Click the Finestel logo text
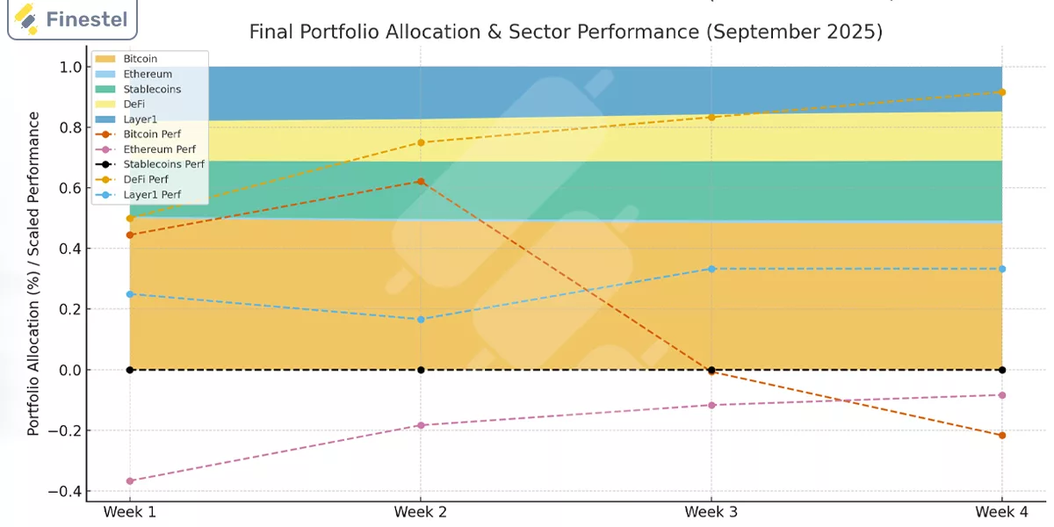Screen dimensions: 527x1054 pos(85,18)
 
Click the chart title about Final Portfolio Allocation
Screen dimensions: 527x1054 pos(566,32)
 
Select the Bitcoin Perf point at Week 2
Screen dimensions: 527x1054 pos(421,182)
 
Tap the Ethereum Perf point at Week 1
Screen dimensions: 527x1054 pos(130,480)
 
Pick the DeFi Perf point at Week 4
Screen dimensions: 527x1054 pos(1002,92)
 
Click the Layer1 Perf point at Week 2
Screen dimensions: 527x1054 pos(421,319)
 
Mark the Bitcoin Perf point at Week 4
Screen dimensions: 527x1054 pos(1002,436)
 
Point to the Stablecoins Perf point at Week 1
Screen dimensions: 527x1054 pos(130,370)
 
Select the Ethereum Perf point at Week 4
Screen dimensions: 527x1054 pos(1002,395)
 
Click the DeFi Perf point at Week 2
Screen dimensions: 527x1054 pos(421,142)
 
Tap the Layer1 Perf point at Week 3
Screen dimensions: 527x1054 pos(711,269)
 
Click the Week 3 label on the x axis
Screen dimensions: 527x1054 pos(711,512)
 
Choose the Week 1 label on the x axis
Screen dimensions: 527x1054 pos(130,512)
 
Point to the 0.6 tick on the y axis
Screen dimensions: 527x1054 pos(69,188)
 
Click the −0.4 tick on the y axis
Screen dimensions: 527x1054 pos(66,491)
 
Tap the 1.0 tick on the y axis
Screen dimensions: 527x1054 pos(69,67)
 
